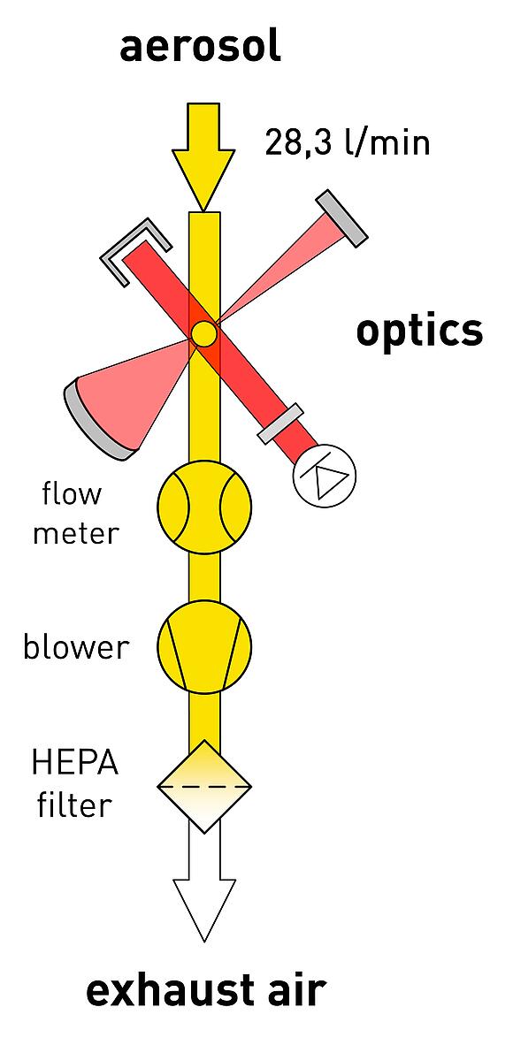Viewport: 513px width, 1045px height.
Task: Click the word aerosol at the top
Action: pyautogui.click(x=200, y=48)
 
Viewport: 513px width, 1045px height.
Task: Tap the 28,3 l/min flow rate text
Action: pyautogui.click(x=348, y=142)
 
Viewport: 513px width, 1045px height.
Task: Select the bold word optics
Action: pyautogui.click(x=419, y=332)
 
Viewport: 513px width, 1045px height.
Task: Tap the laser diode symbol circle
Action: pyautogui.click(x=325, y=475)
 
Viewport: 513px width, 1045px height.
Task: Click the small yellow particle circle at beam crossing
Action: pyautogui.click(x=203, y=333)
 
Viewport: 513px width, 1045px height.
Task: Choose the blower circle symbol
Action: pyautogui.click(x=204, y=646)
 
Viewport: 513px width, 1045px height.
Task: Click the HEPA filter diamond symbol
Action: pyautogui.click(x=204, y=787)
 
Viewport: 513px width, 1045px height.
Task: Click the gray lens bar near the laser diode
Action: pyautogui.click(x=281, y=424)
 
